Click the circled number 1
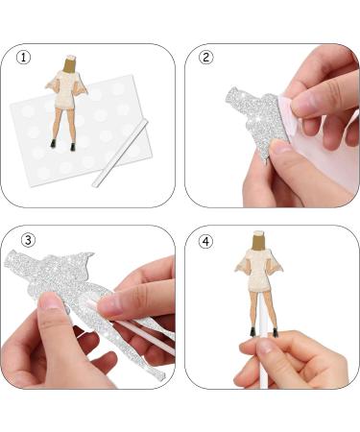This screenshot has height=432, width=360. (24, 57)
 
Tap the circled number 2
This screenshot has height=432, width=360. (205, 57)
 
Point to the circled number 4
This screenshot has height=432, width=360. (205, 239)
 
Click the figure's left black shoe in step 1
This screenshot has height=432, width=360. (54, 145)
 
